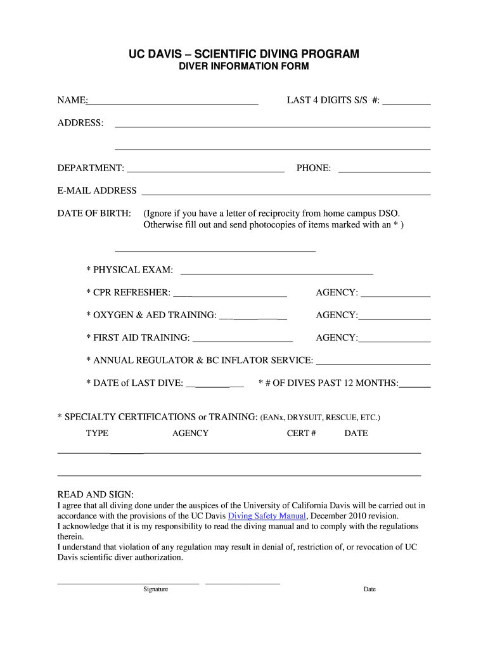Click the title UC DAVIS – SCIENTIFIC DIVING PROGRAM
tap(244, 55)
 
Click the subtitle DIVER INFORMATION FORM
tap(244, 67)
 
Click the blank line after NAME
tap(173, 101)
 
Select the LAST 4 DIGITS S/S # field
tap(406, 101)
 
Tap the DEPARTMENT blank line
tap(205, 169)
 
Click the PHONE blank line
tap(384, 169)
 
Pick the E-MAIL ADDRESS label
tap(97, 191)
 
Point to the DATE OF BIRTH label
tap(94, 214)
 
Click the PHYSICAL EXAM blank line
tap(277, 271)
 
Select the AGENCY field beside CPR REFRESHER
tap(395, 293)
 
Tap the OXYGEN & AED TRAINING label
tap(151, 316)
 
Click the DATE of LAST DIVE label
tap(135, 383)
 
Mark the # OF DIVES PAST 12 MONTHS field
tap(414, 384)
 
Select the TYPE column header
tap(97, 434)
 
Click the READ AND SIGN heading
tap(96, 494)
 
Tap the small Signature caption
tap(155, 589)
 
